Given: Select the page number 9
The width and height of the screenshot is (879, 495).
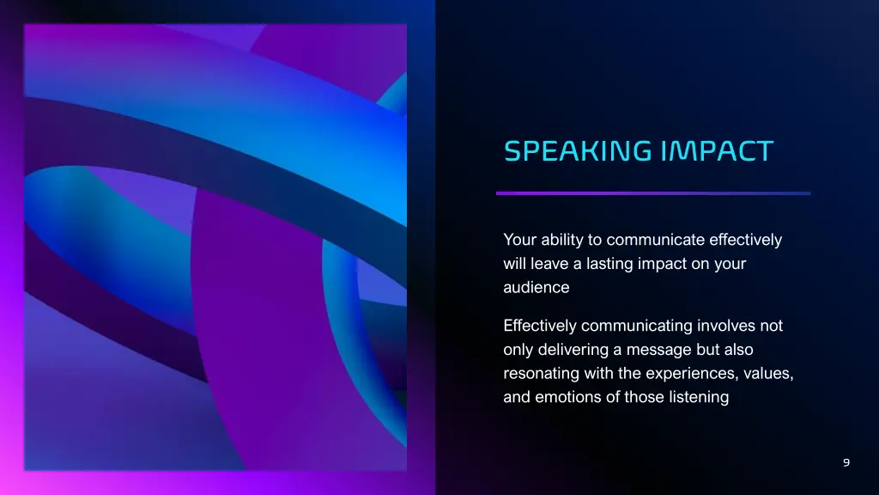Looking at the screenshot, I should pos(846,463).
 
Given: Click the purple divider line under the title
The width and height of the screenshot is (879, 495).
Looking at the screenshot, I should pos(652,193).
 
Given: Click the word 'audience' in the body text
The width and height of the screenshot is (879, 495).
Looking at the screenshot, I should pos(536,288).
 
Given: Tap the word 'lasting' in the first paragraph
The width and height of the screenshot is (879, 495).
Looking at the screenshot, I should pos(609,264).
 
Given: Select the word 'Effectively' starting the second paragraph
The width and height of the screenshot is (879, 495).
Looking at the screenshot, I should pos(540,326).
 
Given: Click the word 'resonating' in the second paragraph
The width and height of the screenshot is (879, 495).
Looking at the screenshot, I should pos(542,374).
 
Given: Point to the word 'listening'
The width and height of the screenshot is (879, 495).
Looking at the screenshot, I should pos(700,397).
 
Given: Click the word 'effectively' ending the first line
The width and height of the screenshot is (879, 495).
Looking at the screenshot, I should pos(746,240).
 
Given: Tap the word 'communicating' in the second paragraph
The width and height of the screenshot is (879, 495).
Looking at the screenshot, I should pos(636,326).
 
